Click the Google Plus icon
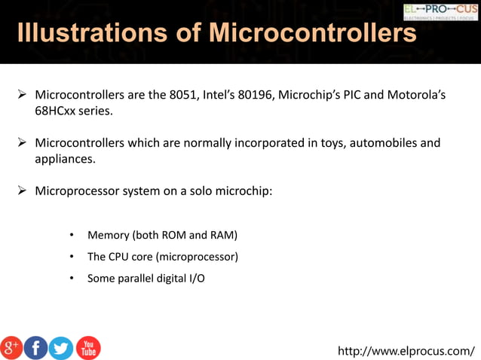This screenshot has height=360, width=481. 11,348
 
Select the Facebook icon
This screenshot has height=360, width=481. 35,348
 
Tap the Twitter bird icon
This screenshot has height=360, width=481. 61,348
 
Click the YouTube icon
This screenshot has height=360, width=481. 87,348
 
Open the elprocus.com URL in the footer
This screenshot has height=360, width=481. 406,350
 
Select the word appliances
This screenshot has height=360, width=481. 65,158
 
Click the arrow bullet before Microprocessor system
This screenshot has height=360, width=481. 23,191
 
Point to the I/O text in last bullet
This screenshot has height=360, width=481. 195,278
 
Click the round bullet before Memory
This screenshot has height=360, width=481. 70,236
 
